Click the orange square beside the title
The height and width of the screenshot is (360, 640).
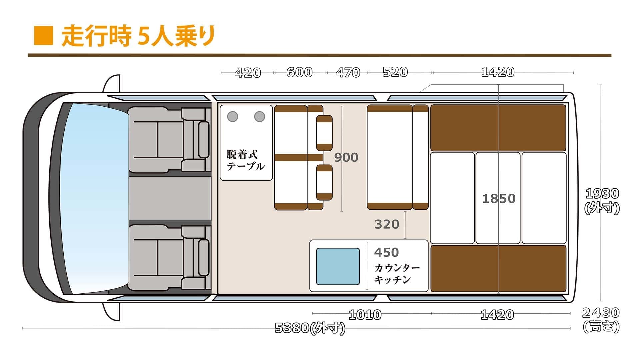point(44,35)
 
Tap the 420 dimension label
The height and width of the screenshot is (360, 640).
point(248,73)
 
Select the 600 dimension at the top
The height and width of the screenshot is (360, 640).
point(299,72)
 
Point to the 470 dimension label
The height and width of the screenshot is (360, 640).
point(348,73)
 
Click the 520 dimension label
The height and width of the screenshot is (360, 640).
point(395,72)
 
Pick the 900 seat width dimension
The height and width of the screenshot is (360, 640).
point(346,157)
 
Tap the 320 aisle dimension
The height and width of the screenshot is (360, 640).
point(387,224)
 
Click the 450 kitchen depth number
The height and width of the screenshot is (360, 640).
point(387,253)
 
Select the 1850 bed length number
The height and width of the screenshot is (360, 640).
point(499,199)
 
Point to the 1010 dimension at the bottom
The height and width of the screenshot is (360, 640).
point(365,315)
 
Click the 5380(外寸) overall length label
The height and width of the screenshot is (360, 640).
point(310,328)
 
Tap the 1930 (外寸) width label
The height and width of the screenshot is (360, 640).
point(602,201)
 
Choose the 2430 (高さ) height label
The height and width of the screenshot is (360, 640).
point(601,320)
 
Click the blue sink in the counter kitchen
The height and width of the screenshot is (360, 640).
point(338,266)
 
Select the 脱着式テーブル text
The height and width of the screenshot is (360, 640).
point(246,160)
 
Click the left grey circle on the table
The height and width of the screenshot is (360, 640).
point(232,117)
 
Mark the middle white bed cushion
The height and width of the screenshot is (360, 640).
point(498,198)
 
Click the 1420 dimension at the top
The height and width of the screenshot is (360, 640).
point(498,72)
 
